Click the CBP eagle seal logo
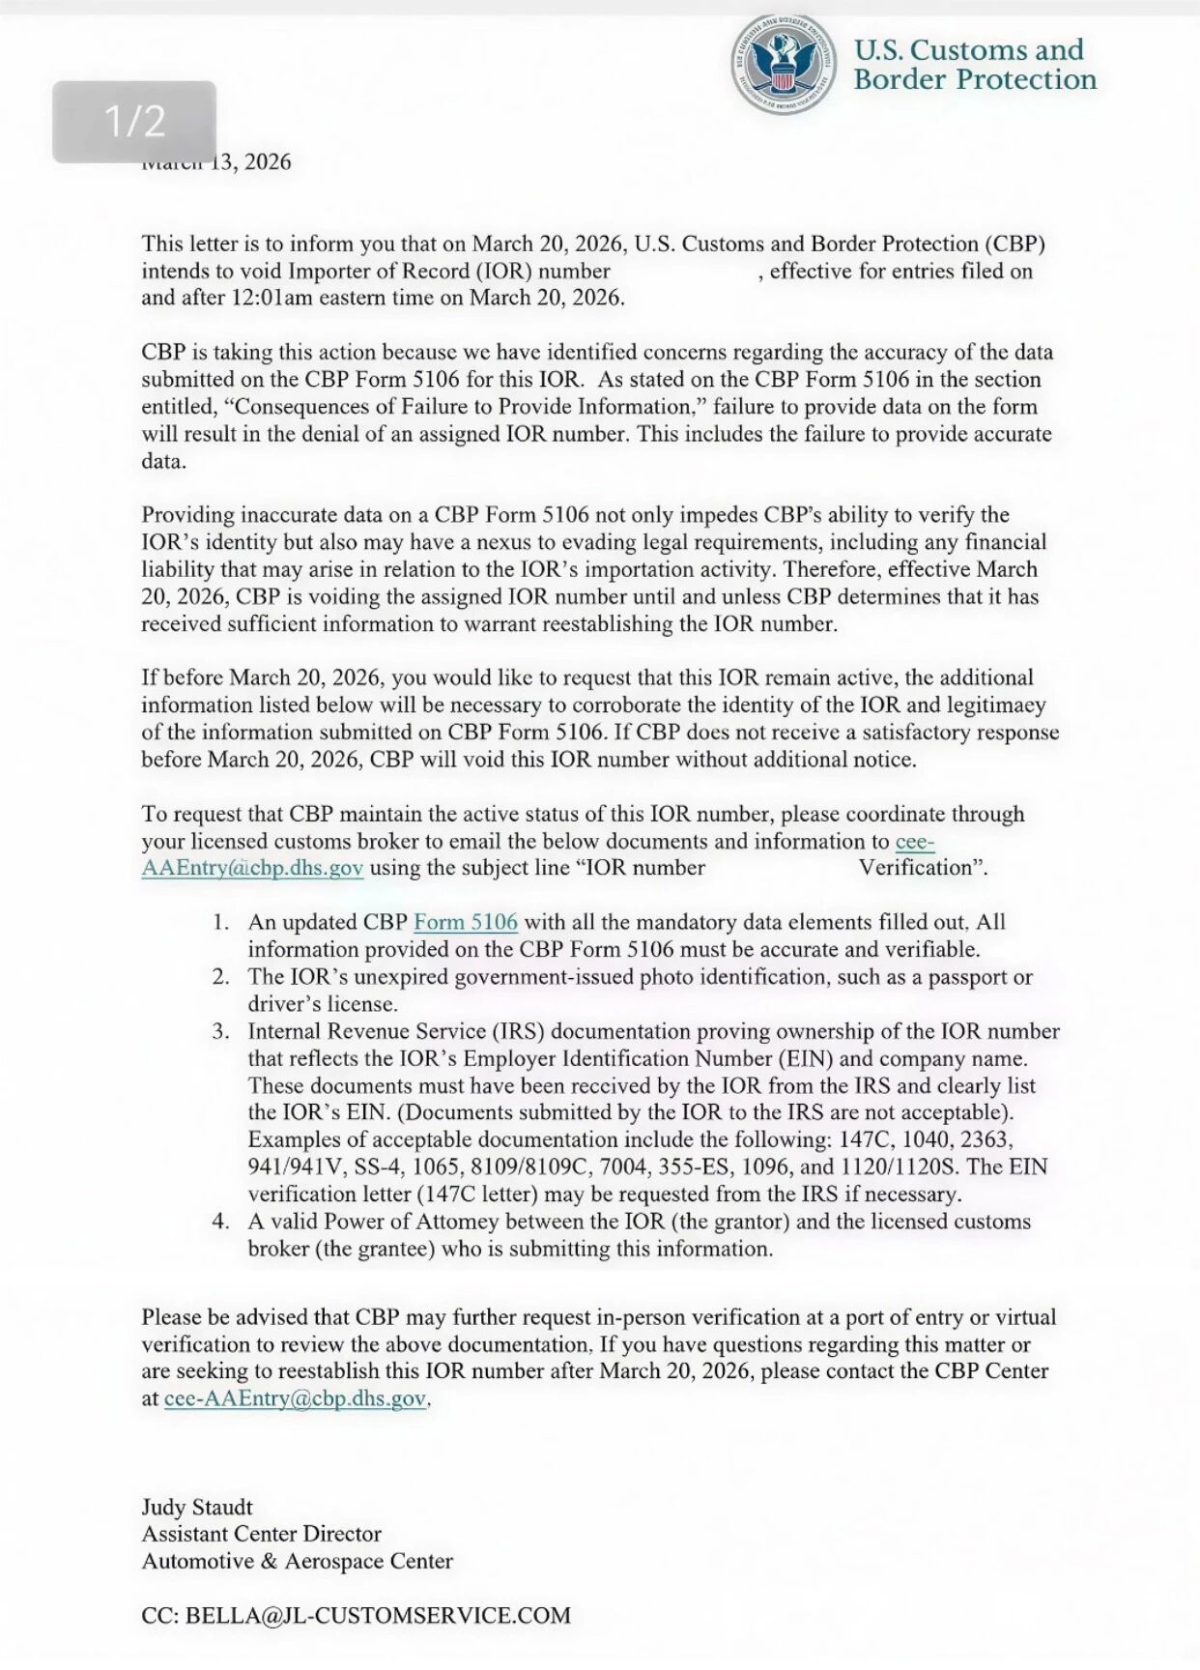pyautogui.click(x=784, y=65)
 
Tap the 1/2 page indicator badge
pyautogui.click(x=134, y=122)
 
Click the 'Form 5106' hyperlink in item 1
pyautogui.click(x=465, y=922)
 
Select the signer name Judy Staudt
pyautogui.click(x=197, y=1507)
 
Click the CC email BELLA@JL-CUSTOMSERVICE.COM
pyautogui.click(x=378, y=1615)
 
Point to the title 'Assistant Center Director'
pyautogui.click(x=261, y=1534)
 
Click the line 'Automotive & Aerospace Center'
pyautogui.click(x=297, y=1561)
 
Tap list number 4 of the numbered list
pyautogui.click(x=221, y=1222)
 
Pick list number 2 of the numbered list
pyautogui.click(x=221, y=977)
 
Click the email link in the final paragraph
pyautogui.click(x=295, y=1398)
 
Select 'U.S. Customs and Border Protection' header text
pyautogui.click(x=974, y=65)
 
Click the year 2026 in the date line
pyautogui.click(x=268, y=162)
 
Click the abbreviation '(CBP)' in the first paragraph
pyautogui.click(x=1015, y=244)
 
